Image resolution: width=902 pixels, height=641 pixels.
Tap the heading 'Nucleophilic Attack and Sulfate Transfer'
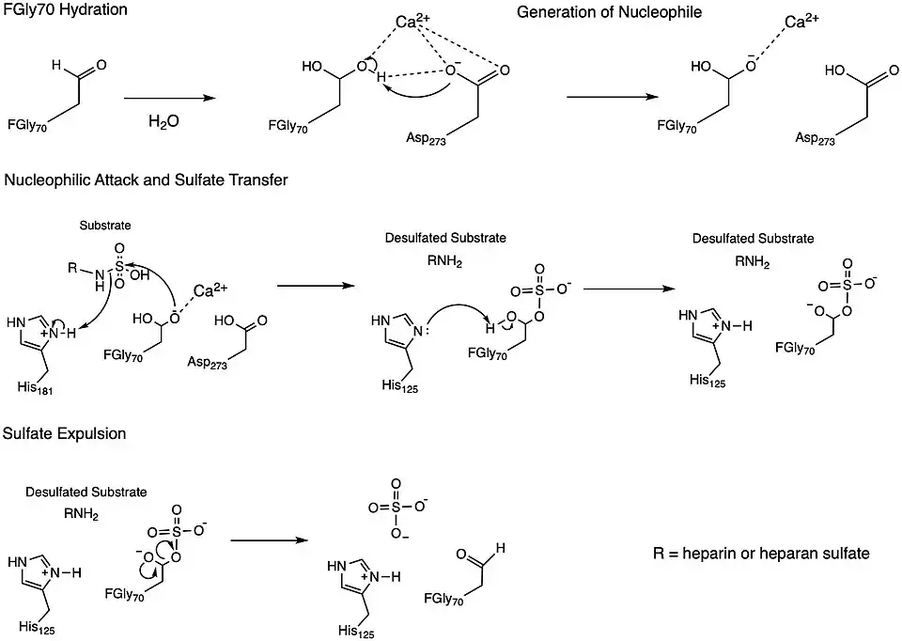146,180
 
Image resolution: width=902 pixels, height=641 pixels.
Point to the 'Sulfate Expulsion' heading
65,434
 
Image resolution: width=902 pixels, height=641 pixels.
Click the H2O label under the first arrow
163,122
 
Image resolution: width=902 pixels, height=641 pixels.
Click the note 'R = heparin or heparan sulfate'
761,554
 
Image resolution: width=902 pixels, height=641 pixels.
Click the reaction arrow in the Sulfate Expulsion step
270,540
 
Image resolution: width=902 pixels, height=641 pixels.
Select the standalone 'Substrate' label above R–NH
105,227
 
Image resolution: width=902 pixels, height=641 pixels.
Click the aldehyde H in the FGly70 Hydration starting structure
58,65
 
